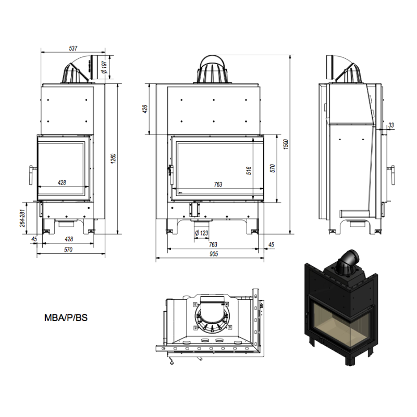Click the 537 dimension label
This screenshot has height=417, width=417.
pyautogui.click(x=73, y=48)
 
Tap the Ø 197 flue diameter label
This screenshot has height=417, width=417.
pyautogui.click(x=104, y=67)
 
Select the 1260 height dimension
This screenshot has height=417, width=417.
pyautogui.click(x=113, y=158)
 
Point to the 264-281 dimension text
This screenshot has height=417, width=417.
pyautogui.click(x=22, y=218)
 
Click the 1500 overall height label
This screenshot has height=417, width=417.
pyautogui.click(x=286, y=144)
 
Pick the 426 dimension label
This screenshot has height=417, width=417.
pyautogui.click(x=145, y=109)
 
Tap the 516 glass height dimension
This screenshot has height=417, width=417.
pyautogui.click(x=249, y=170)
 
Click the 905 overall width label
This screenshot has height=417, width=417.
pyautogui.click(x=214, y=254)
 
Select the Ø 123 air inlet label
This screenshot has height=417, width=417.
pyautogui.click(x=202, y=233)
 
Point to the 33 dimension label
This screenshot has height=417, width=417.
pyautogui.click(x=391, y=125)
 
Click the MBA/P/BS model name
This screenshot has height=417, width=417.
pyautogui.click(x=66, y=318)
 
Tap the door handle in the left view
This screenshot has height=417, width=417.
pyautogui.click(x=31, y=175)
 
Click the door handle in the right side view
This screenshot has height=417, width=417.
pyautogui.click(x=392, y=175)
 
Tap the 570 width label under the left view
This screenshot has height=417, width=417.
pyautogui.click(x=68, y=250)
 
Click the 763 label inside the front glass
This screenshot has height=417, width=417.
pyautogui.click(x=218, y=185)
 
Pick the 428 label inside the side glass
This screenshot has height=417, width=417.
pyautogui.click(x=62, y=183)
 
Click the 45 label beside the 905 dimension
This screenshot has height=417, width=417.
pyautogui.click(x=271, y=244)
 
